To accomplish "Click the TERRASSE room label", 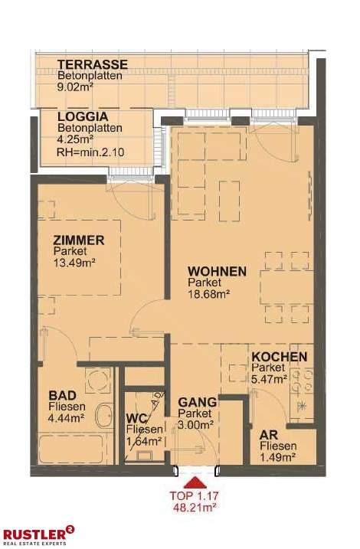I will click(x=92, y=65).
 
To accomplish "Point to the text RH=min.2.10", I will click(x=90, y=152).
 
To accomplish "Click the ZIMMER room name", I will click(x=78, y=240).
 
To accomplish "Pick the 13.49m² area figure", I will click(x=75, y=263).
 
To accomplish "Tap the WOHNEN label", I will click(x=218, y=272).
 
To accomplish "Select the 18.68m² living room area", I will click(x=209, y=293).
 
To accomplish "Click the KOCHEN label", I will click(x=280, y=357).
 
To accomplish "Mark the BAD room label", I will click(x=61, y=395).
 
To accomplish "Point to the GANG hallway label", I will click(x=197, y=402).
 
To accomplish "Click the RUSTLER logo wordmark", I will click(x=34, y=533).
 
